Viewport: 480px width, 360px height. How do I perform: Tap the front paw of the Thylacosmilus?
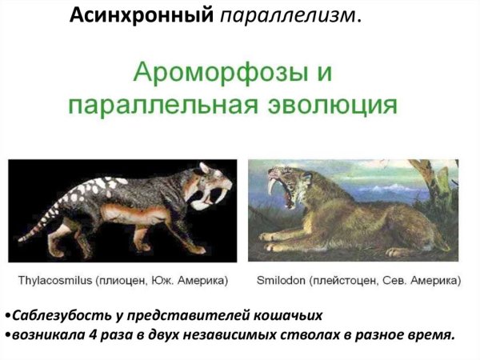point(192,247)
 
